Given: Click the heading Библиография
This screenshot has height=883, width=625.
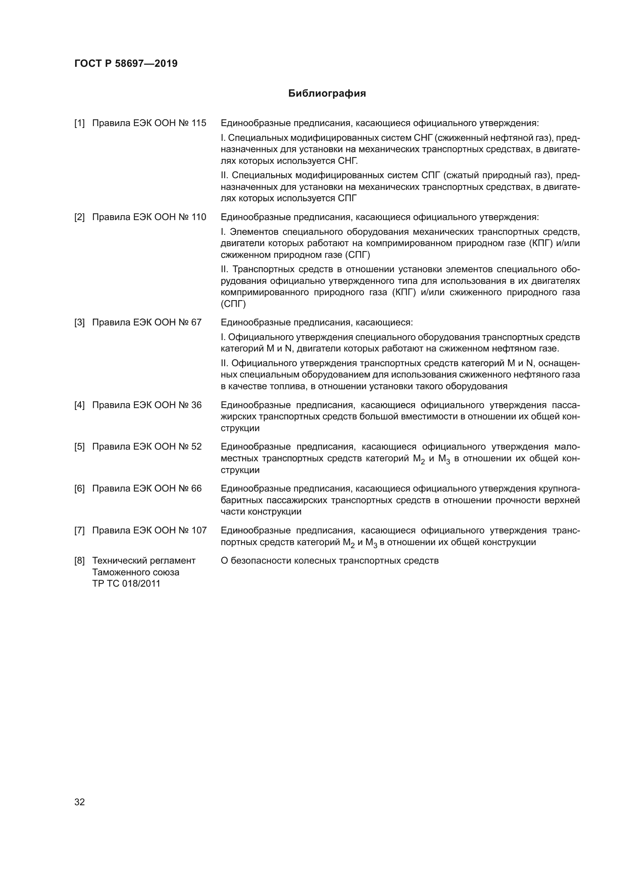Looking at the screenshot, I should (327, 94).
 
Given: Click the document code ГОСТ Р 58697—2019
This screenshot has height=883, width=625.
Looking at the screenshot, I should (126, 63).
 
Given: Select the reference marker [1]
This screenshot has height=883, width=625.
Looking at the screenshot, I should (79, 123).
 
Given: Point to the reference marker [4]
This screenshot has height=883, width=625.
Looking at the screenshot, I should (79, 405).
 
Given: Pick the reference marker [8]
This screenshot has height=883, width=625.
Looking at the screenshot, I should (79, 561).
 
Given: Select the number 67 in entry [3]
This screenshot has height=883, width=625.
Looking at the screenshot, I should (196, 322).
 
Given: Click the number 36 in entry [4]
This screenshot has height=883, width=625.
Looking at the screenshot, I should (196, 405).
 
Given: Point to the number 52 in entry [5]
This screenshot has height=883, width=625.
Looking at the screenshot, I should (196, 447).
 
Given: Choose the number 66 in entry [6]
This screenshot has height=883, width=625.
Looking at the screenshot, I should (196, 489).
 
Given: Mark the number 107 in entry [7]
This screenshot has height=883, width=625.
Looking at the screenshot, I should (199, 530).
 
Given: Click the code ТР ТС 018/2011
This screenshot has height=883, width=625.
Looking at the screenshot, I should (126, 583).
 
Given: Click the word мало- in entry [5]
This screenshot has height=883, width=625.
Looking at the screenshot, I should (568, 447).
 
